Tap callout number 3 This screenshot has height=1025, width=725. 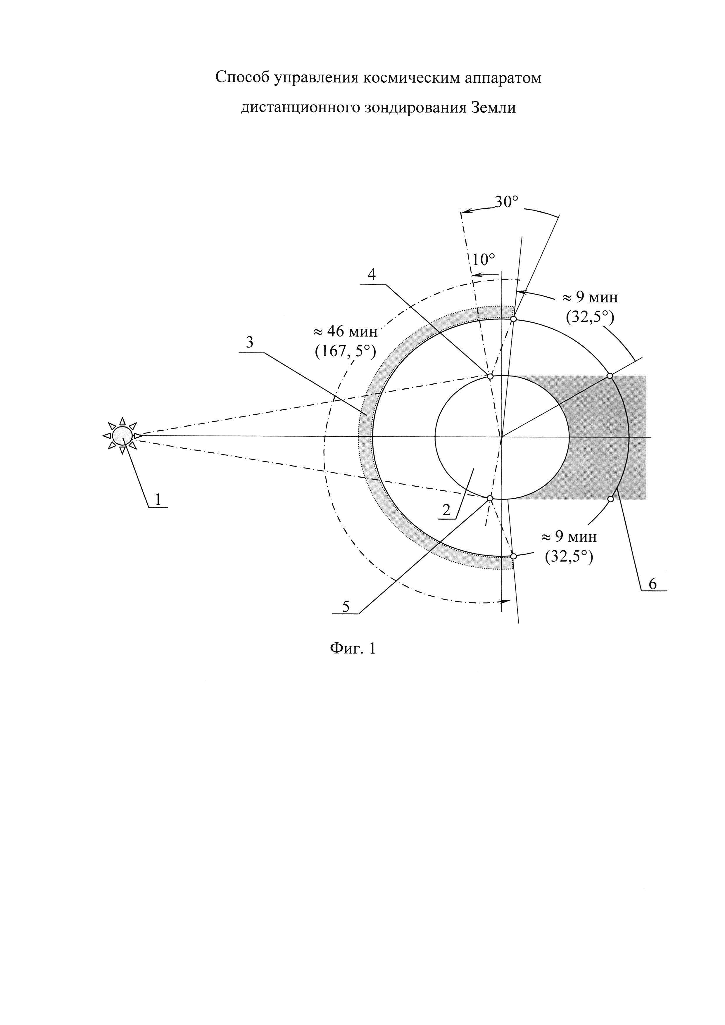coord(250,343)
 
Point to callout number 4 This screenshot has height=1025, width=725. coord(372,274)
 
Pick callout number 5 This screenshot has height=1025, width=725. coord(346,607)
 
